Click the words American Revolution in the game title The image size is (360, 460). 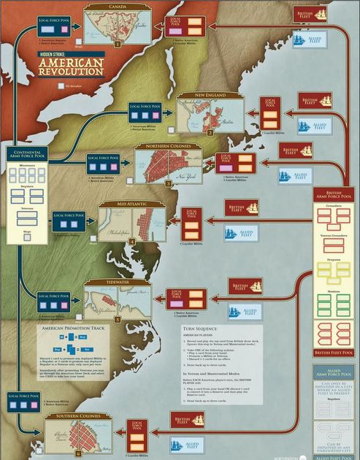[72, 68]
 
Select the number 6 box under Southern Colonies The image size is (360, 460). [80, 453]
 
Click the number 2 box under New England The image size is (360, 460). [209, 134]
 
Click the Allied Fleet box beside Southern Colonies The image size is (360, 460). [176, 443]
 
